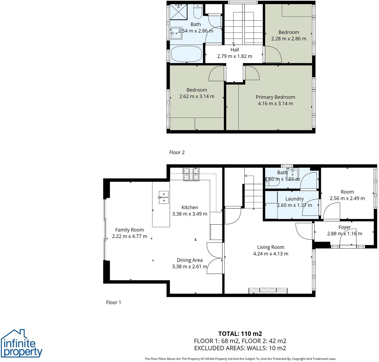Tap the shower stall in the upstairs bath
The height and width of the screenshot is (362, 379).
tap(179, 12)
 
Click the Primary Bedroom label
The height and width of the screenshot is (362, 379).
tap(275, 97)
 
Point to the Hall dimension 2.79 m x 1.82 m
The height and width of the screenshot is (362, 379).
tap(235, 56)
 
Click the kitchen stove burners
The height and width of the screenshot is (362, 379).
tap(191, 174)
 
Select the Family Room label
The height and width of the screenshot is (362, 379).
tap(130, 230)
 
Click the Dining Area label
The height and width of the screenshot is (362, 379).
tap(190, 260)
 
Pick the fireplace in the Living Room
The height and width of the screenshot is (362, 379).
tap(268, 291)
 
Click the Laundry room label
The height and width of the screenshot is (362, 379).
tap(294, 199)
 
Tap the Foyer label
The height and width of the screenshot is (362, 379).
tap(345, 227)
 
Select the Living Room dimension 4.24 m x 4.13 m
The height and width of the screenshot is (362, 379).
tap(271, 254)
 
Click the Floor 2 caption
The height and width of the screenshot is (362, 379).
tap(177, 152)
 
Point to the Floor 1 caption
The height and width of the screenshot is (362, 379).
tap(113, 302)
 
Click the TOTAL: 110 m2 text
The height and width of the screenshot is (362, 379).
tap(240, 334)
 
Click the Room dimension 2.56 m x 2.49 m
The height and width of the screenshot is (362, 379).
tap(347, 198)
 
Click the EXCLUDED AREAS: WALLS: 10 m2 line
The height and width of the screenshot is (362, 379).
tap(240, 348)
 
